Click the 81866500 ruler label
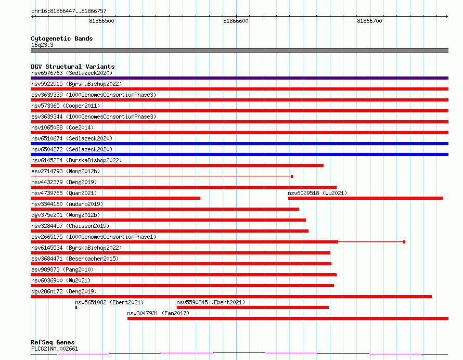click(101, 21)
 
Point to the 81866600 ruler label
click(236, 21)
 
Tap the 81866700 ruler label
click(369, 21)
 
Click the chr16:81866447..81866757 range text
click(69, 11)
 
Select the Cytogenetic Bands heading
click(62, 38)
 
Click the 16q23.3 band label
click(42, 45)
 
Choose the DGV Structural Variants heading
click(73, 67)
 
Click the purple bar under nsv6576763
click(239, 78)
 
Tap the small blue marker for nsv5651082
click(76, 307)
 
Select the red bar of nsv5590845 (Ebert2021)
click(253, 307)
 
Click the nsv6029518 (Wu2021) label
click(317, 193)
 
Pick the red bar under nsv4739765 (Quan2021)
click(115, 198)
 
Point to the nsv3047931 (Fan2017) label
click(158, 313)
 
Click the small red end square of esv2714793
click(292, 176)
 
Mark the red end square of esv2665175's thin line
click(404, 242)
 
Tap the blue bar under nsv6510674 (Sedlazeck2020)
click(239, 144)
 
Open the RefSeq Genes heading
click(53, 342)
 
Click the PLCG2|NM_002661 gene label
click(55, 349)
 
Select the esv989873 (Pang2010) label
click(62, 269)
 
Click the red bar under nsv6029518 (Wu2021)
click(365, 198)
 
